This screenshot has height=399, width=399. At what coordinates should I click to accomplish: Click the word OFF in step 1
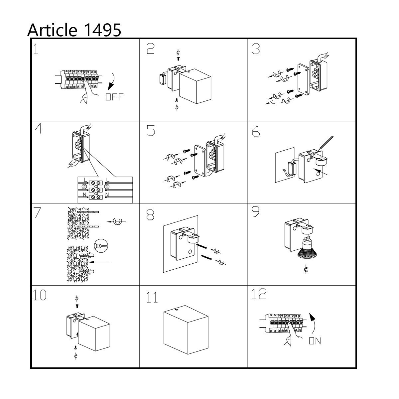114,97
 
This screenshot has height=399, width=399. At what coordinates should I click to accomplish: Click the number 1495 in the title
103,30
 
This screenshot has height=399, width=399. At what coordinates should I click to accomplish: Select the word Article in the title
52,30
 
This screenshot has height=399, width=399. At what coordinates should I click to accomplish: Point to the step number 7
37,213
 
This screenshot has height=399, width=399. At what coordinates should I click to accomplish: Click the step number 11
152,298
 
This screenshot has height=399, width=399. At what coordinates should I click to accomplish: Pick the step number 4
39,129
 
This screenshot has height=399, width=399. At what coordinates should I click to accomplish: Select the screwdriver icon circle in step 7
101,246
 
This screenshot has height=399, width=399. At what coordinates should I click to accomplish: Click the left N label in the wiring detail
84,195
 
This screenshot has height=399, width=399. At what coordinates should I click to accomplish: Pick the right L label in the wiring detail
108,180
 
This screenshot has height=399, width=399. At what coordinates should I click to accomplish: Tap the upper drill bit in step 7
88,212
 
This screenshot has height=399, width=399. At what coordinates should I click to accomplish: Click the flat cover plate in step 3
303,79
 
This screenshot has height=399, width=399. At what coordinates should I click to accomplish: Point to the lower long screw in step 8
206,258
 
